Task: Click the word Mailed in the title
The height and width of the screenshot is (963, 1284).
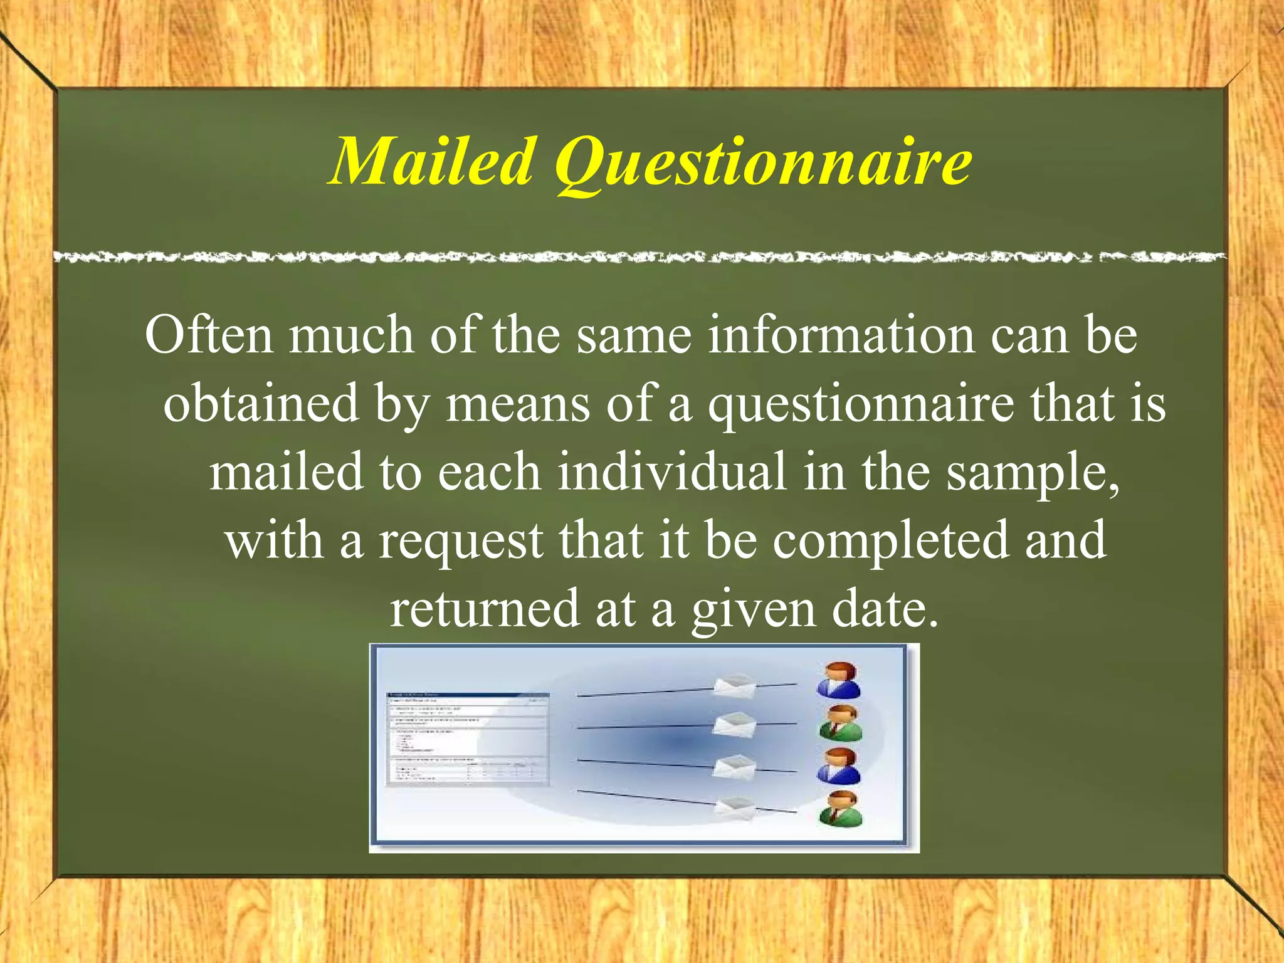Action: click(x=433, y=162)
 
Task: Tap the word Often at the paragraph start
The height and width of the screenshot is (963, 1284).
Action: click(x=209, y=335)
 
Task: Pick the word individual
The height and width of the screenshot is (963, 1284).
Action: click(x=671, y=471)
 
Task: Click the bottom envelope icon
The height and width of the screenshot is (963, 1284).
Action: click(x=735, y=808)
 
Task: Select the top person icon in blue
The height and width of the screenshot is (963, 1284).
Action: click(x=838, y=681)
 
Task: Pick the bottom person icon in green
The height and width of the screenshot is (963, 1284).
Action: click(x=841, y=809)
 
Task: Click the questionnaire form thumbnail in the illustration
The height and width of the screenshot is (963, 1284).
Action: click(x=467, y=739)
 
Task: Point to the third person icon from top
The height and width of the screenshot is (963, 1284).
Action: click(x=838, y=766)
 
